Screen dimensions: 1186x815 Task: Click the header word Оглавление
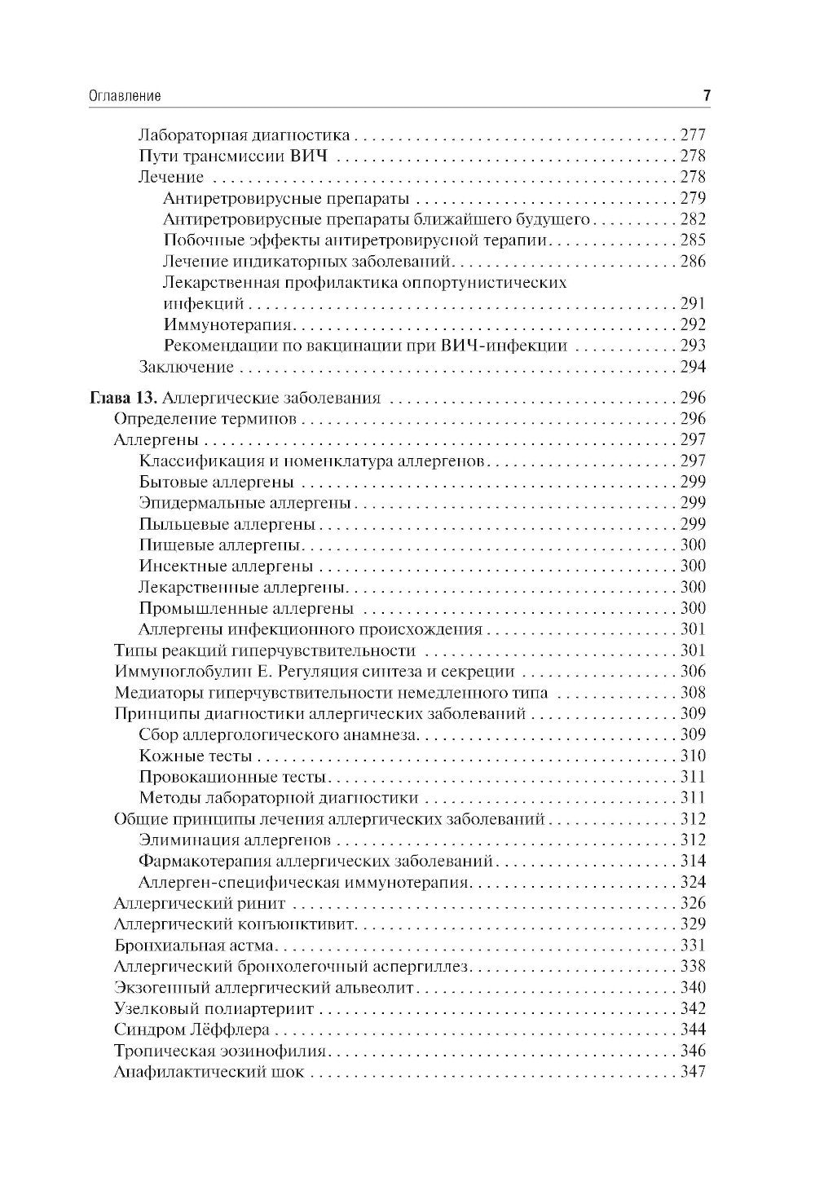point(124,96)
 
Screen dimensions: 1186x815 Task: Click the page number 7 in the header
point(707,95)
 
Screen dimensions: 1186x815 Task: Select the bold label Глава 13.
point(123,399)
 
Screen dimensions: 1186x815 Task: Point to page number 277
point(692,135)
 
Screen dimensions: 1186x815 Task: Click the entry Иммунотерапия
point(228,324)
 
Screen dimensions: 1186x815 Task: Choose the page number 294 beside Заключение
point(692,367)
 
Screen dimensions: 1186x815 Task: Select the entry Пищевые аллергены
point(220,545)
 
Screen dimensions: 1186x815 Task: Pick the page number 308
point(692,694)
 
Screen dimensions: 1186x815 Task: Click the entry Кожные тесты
point(195,756)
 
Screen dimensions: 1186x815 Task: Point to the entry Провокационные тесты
point(232,778)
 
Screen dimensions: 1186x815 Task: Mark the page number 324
point(692,883)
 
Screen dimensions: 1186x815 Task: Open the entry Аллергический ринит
point(200,904)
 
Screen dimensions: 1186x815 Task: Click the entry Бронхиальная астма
point(196,946)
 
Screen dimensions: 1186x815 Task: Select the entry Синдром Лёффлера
point(192,1030)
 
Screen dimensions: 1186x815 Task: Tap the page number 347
point(692,1073)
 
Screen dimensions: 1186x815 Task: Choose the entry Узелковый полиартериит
point(214,1009)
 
